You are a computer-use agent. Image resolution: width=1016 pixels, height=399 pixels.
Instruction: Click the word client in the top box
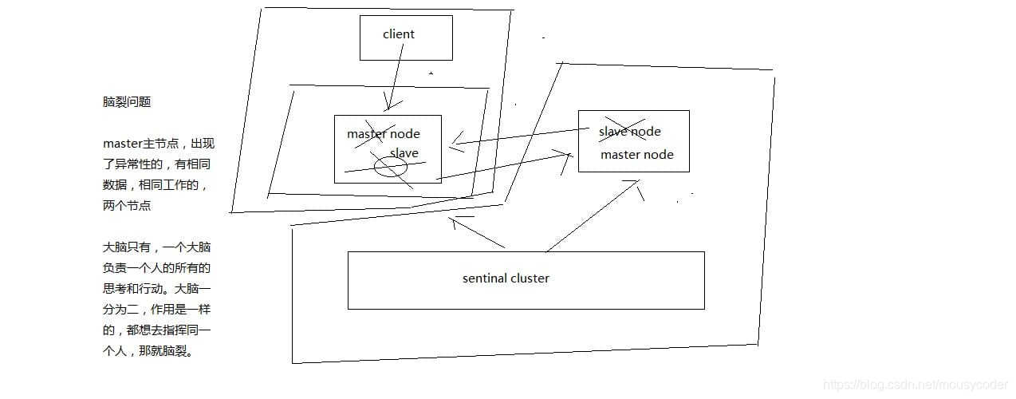coord(399,34)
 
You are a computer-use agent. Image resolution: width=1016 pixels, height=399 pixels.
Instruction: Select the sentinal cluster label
coord(506,279)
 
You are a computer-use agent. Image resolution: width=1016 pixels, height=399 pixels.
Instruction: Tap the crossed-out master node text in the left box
coord(383,134)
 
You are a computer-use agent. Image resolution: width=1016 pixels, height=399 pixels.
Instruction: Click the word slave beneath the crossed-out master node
coord(404,153)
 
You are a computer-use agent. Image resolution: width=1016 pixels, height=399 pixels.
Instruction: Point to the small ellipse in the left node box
coord(391,167)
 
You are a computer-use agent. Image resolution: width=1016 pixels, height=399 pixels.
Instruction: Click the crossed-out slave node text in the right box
coord(630,132)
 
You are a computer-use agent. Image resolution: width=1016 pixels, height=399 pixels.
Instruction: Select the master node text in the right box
coord(636,155)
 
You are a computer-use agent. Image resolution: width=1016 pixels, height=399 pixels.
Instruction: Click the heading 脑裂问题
coord(127,102)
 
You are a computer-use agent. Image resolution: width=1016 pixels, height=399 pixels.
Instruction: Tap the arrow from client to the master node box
coord(395,76)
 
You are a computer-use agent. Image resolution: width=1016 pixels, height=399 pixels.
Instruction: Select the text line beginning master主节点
coord(159,144)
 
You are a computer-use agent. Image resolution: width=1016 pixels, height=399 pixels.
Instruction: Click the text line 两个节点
coord(127,205)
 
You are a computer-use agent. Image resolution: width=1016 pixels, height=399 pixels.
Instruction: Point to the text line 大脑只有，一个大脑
coord(156,247)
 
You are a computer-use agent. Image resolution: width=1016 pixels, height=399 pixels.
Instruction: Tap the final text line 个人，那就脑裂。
coord(148,351)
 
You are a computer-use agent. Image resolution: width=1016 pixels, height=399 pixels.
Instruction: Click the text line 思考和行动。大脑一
coord(156,289)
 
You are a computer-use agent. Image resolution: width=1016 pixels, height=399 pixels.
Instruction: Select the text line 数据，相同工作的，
coord(156,185)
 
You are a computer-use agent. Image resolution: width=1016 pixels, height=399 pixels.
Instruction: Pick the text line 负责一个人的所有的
coord(156,268)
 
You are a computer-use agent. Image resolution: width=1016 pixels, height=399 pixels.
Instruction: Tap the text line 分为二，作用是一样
coord(156,310)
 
